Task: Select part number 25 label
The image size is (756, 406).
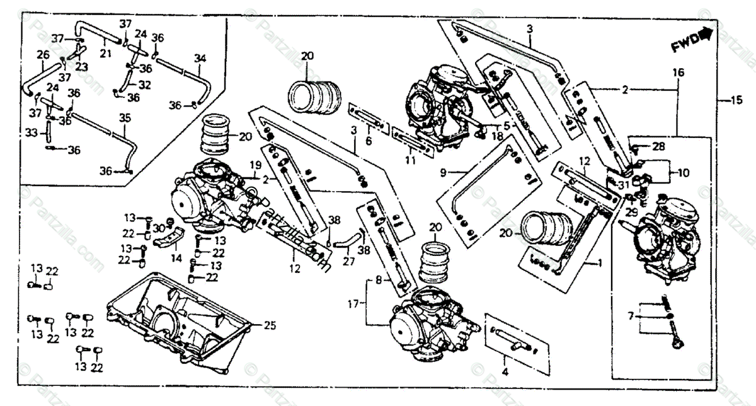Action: [x=270, y=325]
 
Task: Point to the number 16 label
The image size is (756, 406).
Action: [x=678, y=72]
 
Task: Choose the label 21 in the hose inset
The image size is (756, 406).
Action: [x=105, y=54]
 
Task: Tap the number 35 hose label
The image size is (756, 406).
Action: [x=124, y=117]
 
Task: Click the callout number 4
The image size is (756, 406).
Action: [x=506, y=371]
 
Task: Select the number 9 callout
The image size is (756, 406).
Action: [x=443, y=171]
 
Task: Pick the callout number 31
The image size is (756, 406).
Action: [x=624, y=185]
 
